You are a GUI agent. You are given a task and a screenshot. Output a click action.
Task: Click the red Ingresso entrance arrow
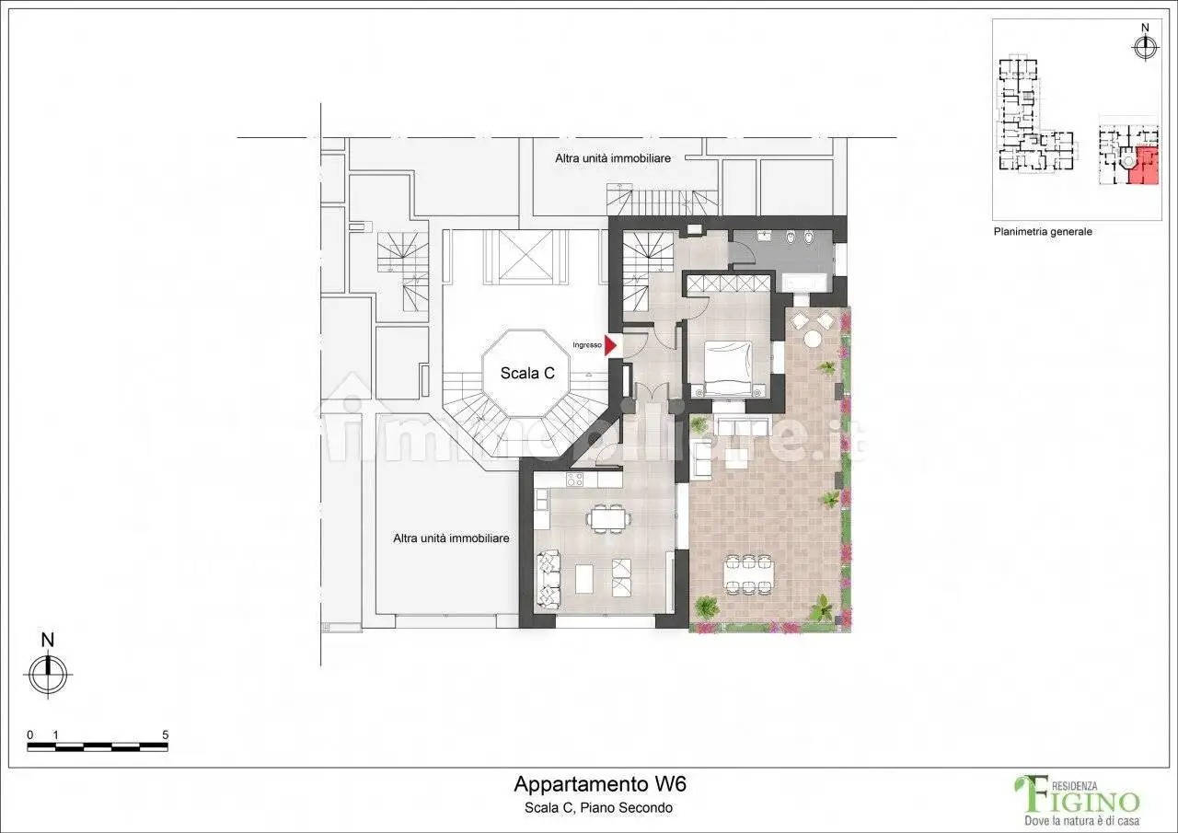pyautogui.click(x=610, y=345)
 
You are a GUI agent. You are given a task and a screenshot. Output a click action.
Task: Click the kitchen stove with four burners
pyautogui.click(x=575, y=480)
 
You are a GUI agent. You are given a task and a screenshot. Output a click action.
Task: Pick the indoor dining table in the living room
pyautogui.click(x=607, y=519)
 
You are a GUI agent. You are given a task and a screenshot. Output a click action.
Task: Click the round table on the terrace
pyautogui.click(x=813, y=339)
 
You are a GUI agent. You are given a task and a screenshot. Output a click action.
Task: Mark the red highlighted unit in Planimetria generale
pyautogui.click(x=1146, y=166)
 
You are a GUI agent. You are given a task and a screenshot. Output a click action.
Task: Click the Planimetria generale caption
pyautogui.click(x=1043, y=232)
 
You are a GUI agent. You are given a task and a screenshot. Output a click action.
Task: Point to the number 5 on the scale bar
pyautogui.click(x=165, y=735)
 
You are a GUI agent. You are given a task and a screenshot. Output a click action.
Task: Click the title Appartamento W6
pyautogui.click(x=599, y=785)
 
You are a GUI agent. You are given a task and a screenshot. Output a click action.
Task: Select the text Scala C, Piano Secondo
pyautogui.click(x=598, y=808)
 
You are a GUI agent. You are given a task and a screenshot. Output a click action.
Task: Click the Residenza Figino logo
pyautogui.click(x=1076, y=800)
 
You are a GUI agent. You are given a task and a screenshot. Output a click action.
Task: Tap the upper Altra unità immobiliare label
pyautogui.click(x=612, y=158)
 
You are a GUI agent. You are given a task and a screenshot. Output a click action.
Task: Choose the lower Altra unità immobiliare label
pyautogui.click(x=451, y=538)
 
